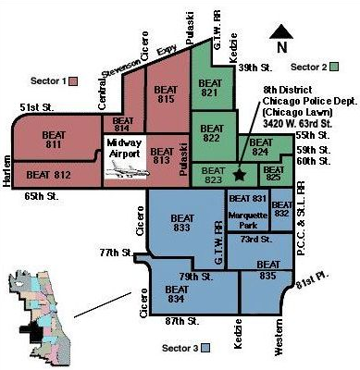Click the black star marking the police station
coord(240,175)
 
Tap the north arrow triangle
coord(281,32)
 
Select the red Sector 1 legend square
coord(73,81)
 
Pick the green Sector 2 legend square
coord(334,67)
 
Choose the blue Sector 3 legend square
coord(205,348)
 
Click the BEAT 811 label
coord(54,140)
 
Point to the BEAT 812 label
coord(48,175)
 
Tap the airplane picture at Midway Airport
coord(127,170)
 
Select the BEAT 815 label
coord(166,94)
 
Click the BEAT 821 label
coord(210,88)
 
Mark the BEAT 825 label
coord(274,173)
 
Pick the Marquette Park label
coord(248,220)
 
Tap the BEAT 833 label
coord(182,223)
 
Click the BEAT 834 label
coord(177,294)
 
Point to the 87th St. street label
coord(182,321)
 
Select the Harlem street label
coord(6,171)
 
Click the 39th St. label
coord(255,68)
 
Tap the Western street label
coord(279,338)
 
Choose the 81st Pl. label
coord(312,280)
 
